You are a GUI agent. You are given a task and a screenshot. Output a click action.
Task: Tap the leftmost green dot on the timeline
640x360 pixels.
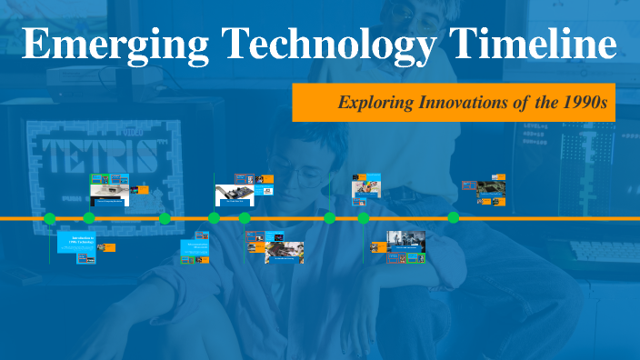(50, 218)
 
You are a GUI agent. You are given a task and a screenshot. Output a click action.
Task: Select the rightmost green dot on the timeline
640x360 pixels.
(453, 218)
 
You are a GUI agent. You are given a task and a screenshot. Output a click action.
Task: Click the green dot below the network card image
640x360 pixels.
(245, 218)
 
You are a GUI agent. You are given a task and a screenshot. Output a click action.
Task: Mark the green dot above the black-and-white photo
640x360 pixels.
(364, 218)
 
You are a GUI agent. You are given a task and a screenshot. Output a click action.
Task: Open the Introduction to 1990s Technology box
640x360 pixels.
(75, 242)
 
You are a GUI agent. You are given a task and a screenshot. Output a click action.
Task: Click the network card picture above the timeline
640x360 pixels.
(235, 195)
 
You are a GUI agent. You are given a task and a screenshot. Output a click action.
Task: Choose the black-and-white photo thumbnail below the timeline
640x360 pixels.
(406, 240)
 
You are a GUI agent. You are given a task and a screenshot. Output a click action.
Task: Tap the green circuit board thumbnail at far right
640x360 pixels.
(492, 189)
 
